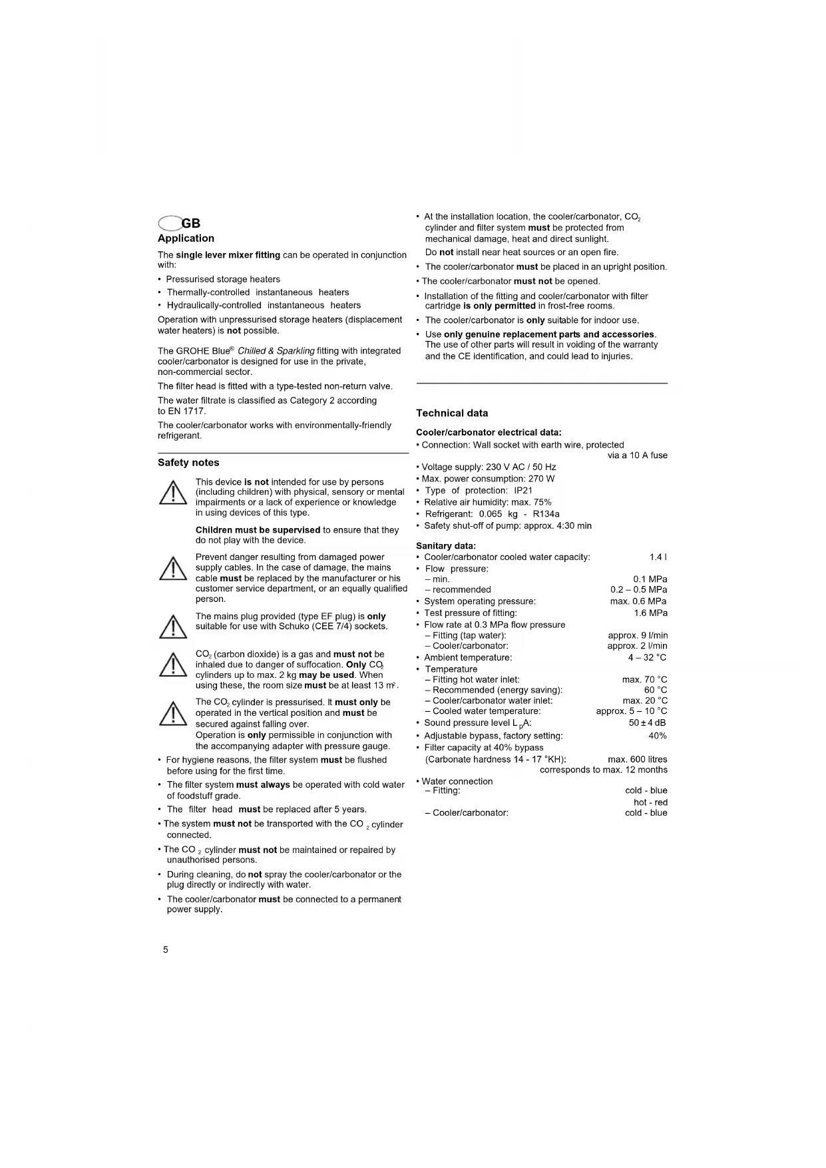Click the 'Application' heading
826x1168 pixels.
(186, 238)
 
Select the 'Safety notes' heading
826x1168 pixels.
(188, 463)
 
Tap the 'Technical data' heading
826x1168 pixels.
(452, 413)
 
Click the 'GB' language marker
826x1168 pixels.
(190, 223)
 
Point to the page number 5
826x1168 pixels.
(166, 950)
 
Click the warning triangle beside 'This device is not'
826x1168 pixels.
(173, 493)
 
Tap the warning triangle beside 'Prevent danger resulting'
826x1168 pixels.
(173, 568)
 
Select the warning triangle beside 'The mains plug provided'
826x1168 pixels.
(173, 627)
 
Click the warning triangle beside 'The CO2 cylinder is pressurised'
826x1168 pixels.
(173, 713)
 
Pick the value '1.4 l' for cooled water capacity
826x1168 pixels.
(658, 557)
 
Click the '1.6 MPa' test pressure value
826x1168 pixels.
(650, 613)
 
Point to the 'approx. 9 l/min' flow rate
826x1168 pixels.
(638, 635)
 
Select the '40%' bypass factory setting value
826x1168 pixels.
(657, 736)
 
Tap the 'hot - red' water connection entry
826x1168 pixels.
(650, 802)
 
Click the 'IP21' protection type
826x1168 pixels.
(523, 490)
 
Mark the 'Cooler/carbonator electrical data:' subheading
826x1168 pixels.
(489, 432)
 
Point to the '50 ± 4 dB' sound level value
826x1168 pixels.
(647, 723)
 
